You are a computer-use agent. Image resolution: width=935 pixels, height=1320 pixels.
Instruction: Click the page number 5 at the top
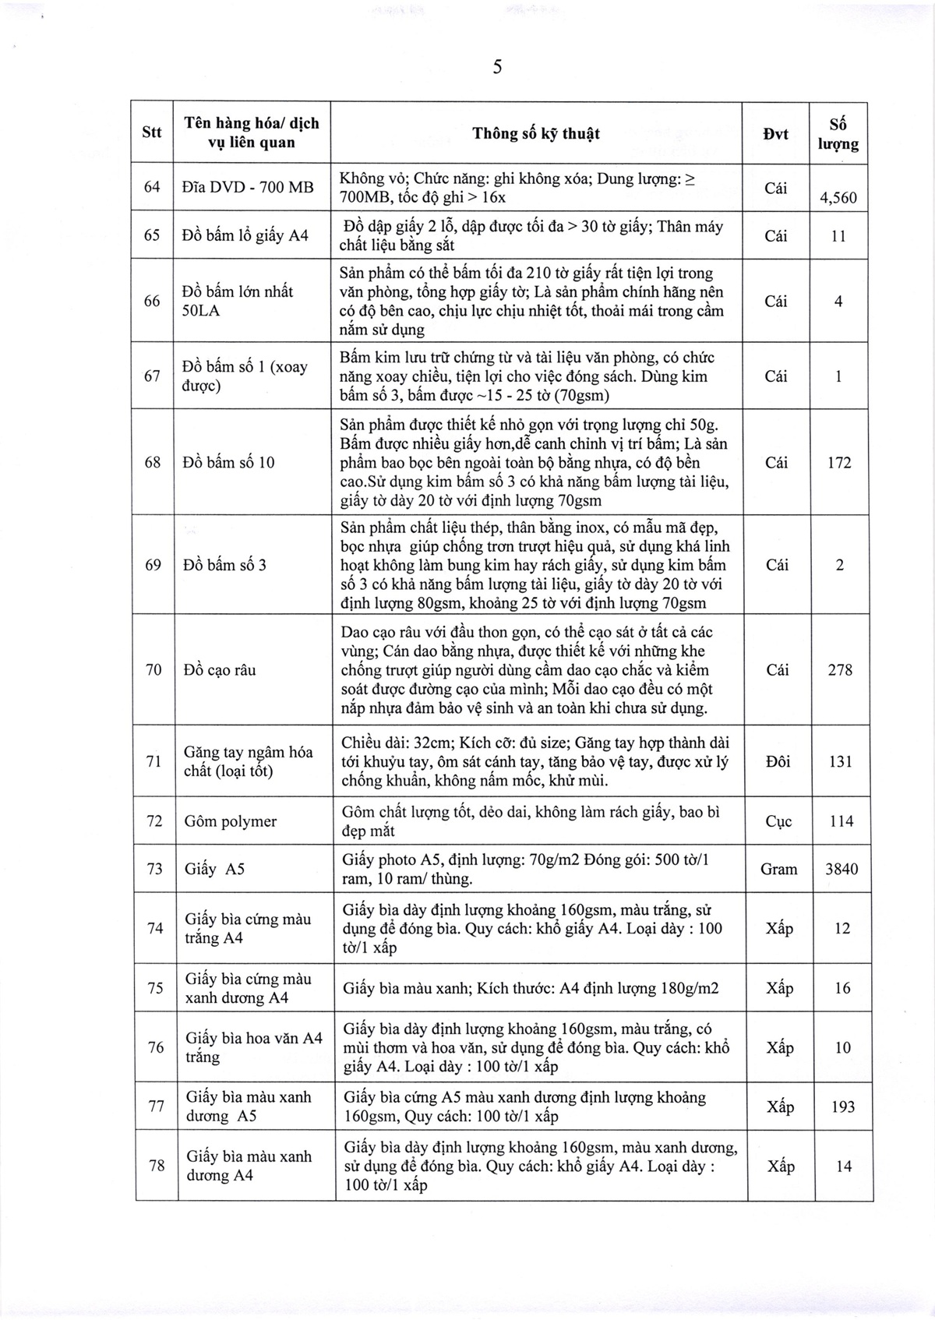coord(497,68)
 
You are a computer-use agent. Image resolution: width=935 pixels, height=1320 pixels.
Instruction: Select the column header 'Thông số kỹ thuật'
coord(536,133)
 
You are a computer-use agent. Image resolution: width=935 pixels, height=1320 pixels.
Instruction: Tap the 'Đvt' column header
coord(775,134)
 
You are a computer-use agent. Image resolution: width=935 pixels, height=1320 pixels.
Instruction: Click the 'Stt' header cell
coord(152,132)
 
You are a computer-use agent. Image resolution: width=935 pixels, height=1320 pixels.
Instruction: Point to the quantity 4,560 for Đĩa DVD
coord(838,198)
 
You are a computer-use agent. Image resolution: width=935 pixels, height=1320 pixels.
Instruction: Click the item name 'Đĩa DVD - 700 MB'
coord(248,187)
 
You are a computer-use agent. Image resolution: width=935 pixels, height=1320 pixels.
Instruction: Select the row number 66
coord(153,301)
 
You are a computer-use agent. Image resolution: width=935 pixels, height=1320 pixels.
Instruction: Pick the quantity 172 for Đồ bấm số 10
coord(839,463)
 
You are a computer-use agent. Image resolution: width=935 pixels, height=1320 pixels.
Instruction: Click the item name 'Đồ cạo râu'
coord(220,670)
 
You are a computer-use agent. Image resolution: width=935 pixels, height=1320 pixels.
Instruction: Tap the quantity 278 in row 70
coord(840,670)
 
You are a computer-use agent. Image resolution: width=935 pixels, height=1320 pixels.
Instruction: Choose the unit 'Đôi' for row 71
coord(778,761)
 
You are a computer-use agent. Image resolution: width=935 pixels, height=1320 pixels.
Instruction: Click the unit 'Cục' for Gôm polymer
coord(778,822)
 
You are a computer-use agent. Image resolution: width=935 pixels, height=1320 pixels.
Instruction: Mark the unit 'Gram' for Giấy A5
coord(778,869)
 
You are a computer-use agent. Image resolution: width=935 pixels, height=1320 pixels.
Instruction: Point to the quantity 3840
coord(841,869)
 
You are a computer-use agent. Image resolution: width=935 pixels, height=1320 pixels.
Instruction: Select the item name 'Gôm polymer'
coord(231,822)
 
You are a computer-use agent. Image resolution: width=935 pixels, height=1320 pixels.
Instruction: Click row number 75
coord(155,988)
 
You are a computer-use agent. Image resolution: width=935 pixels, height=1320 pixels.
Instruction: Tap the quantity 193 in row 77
coord(842,1106)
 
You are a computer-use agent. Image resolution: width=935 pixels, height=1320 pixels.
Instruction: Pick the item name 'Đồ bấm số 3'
coord(224,565)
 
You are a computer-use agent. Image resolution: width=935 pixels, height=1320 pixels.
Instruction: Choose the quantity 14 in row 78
coord(843,1166)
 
